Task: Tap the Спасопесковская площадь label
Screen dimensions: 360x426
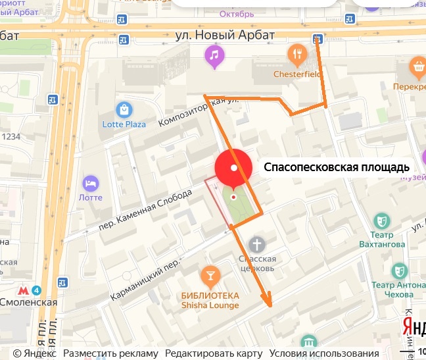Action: [x=337, y=167]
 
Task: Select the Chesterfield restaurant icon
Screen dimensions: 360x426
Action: [x=298, y=54]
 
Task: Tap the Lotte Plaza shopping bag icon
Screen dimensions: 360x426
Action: [x=124, y=109]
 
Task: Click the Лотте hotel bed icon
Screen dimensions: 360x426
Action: [x=91, y=182]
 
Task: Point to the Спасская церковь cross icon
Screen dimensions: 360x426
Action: [x=257, y=245]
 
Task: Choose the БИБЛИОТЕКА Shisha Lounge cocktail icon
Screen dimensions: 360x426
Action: [x=210, y=274]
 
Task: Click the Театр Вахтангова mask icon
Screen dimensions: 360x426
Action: [x=381, y=220]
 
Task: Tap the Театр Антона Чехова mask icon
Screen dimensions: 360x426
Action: [x=399, y=270]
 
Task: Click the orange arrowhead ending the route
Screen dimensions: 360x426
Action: [x=268, y=301]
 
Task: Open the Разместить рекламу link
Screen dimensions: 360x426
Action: [x=111, y=353]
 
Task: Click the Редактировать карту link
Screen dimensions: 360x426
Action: [x=214, y=353]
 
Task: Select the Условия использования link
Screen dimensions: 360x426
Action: [x=315, y=353]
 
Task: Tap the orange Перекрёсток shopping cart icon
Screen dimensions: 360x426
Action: [x=417, y=66]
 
